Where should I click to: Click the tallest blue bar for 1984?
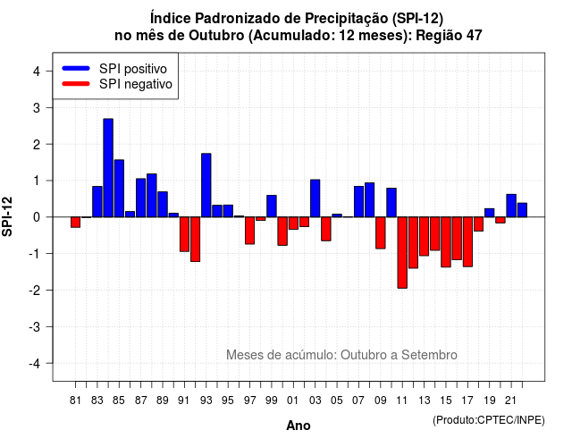[108, 168]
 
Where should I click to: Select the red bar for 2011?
[402, 252]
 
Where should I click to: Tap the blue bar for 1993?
[206, 185]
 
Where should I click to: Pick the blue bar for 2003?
[315, 198]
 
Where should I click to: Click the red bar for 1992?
[195, 240]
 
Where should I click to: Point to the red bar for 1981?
[75, 223]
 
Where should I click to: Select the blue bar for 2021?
[511, 206]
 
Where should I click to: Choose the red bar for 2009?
[381, 232]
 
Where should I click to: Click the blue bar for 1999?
[272, 207]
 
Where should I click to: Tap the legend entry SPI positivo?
[133, 69]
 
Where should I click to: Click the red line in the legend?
[76, 84]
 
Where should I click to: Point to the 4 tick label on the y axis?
[37, 72]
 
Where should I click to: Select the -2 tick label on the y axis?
[35, 290]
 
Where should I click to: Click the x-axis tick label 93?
[206, 401]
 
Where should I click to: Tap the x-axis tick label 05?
[337, 401]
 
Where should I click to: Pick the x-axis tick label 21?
[511, 401]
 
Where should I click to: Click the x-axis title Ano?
[299, 426]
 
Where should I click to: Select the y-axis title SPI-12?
[7, 216]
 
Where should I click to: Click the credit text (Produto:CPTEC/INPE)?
[489, 420]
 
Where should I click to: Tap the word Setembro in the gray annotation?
[429, 355]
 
